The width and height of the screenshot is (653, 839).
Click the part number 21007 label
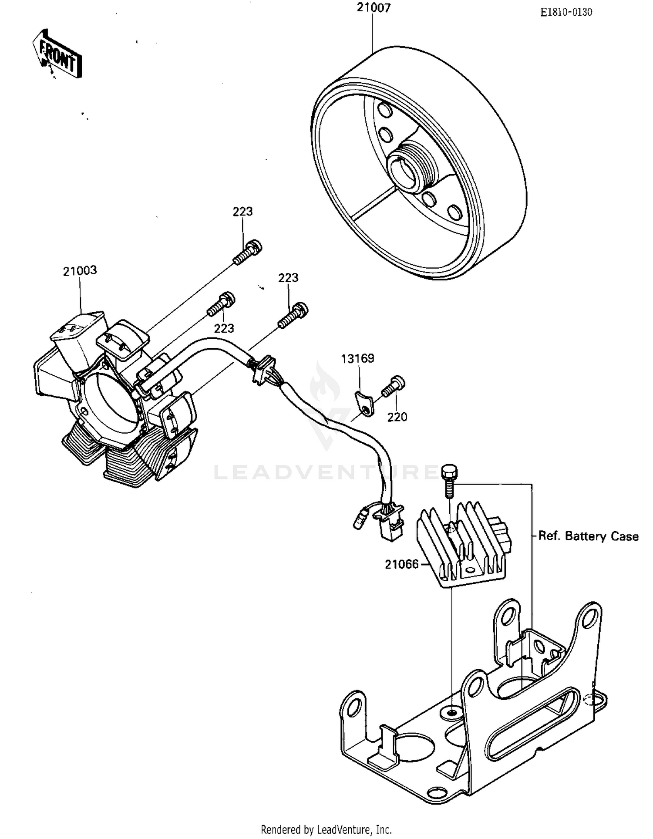click(374, 8)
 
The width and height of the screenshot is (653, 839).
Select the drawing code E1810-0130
click(566, 12)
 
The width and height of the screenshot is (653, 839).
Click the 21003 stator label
click(80, 270)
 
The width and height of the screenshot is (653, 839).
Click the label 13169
click(357, 358)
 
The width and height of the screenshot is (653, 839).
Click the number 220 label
click(397, 417)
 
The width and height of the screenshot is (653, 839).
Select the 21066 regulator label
click(401, 564)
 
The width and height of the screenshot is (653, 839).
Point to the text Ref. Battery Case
click(588, 536)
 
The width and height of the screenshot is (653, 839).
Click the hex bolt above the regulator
click(449, 479)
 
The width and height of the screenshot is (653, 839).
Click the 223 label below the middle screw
click(224, 328)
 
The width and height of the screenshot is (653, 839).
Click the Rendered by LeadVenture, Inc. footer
click(326, 829)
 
